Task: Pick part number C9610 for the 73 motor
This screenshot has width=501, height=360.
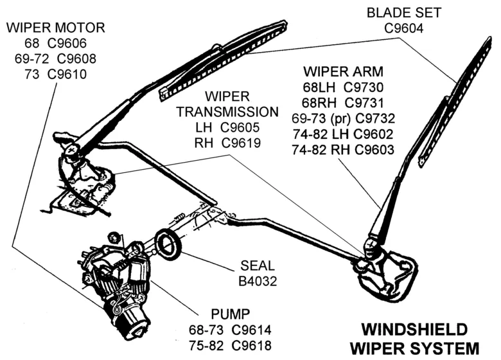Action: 67,74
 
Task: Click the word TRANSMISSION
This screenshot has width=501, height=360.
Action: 227,111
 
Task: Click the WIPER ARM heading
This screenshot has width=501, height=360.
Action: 344,71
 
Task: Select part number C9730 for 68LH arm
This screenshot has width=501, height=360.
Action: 365,87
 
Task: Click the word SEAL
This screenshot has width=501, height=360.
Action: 257,265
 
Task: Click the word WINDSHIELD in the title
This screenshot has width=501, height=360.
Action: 415,330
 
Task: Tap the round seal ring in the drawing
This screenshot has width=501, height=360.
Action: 169,244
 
